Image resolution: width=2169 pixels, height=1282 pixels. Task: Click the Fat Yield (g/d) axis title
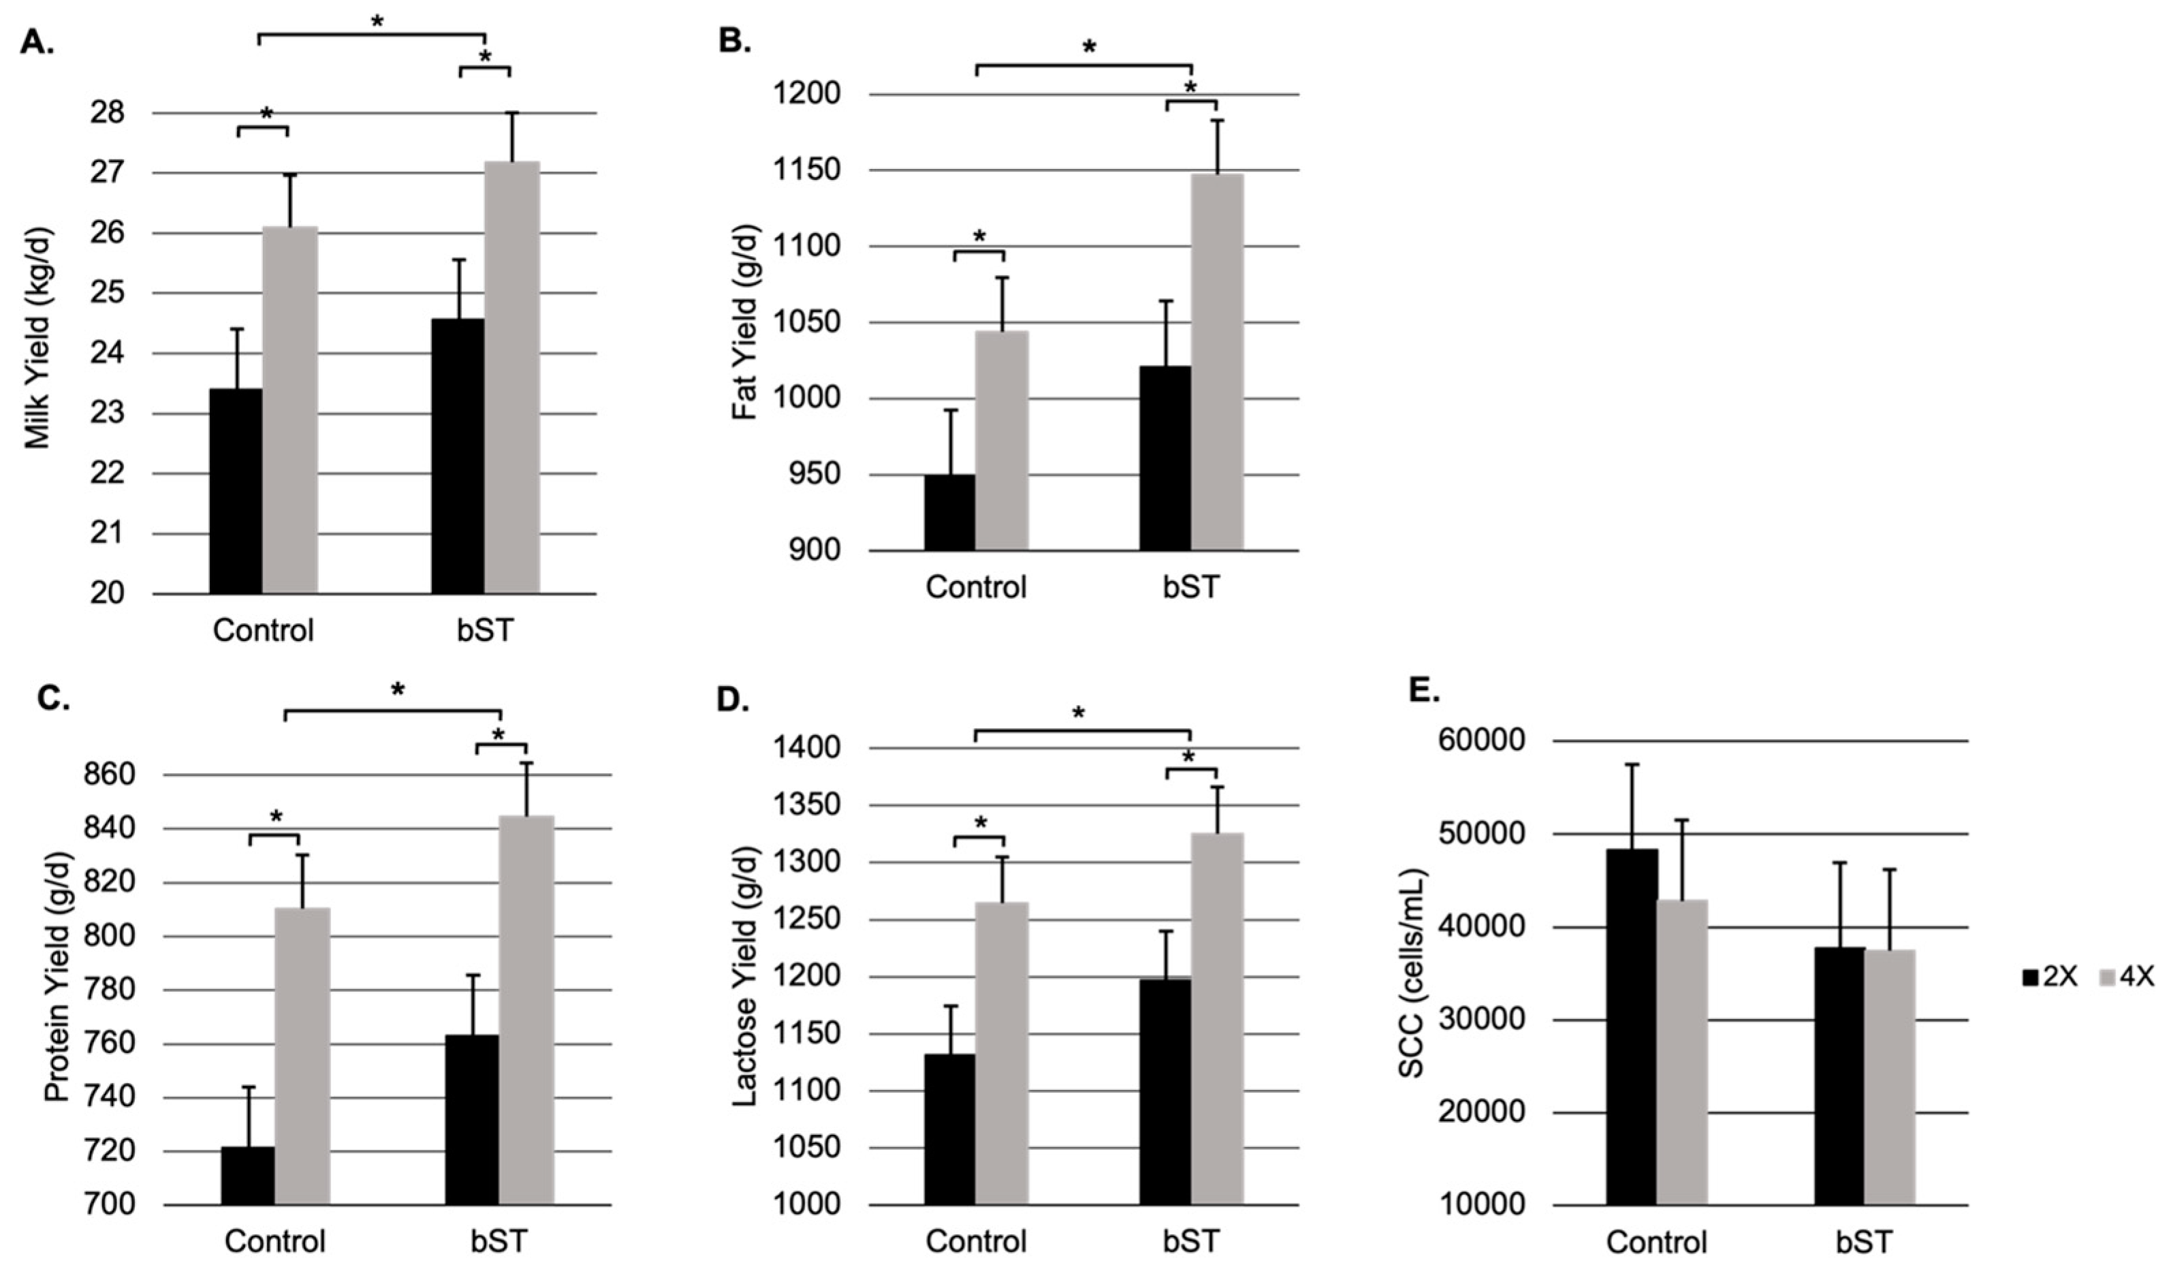(x=744, y=322)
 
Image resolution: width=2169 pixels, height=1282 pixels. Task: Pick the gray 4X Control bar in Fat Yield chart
(x=1002, y=441)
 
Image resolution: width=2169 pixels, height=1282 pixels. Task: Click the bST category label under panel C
(x=498, y=1241)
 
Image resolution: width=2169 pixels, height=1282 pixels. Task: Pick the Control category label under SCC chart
(x=1656, y=1241)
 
